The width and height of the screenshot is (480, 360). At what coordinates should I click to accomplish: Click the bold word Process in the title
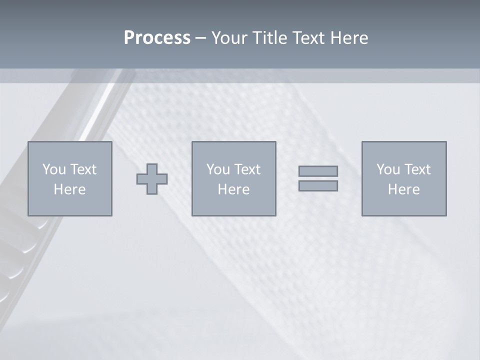(x=157, y=38)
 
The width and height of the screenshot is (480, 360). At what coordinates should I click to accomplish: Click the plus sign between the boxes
(x=152, y=179)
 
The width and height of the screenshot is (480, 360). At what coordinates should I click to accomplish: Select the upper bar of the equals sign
(x=318, y=171)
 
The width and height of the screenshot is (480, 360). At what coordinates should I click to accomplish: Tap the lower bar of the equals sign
(x=318, y=186)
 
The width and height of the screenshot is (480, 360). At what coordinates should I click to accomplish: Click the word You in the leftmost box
(x=54, y=169)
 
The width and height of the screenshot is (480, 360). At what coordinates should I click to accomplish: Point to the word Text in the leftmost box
(x=83, y=169)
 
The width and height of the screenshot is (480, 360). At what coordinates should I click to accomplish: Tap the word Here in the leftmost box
(x=69, y=189)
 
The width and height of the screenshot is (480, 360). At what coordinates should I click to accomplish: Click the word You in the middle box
(x=218, y=169)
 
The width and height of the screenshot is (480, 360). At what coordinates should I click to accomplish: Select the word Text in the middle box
(x=247, y=169)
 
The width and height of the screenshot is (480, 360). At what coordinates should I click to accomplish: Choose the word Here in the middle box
(x=233, y=189)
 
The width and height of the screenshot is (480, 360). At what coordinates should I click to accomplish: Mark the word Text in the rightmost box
(x=417, y=169)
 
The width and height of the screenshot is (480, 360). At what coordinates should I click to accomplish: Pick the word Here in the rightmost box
(x=403, y=189)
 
